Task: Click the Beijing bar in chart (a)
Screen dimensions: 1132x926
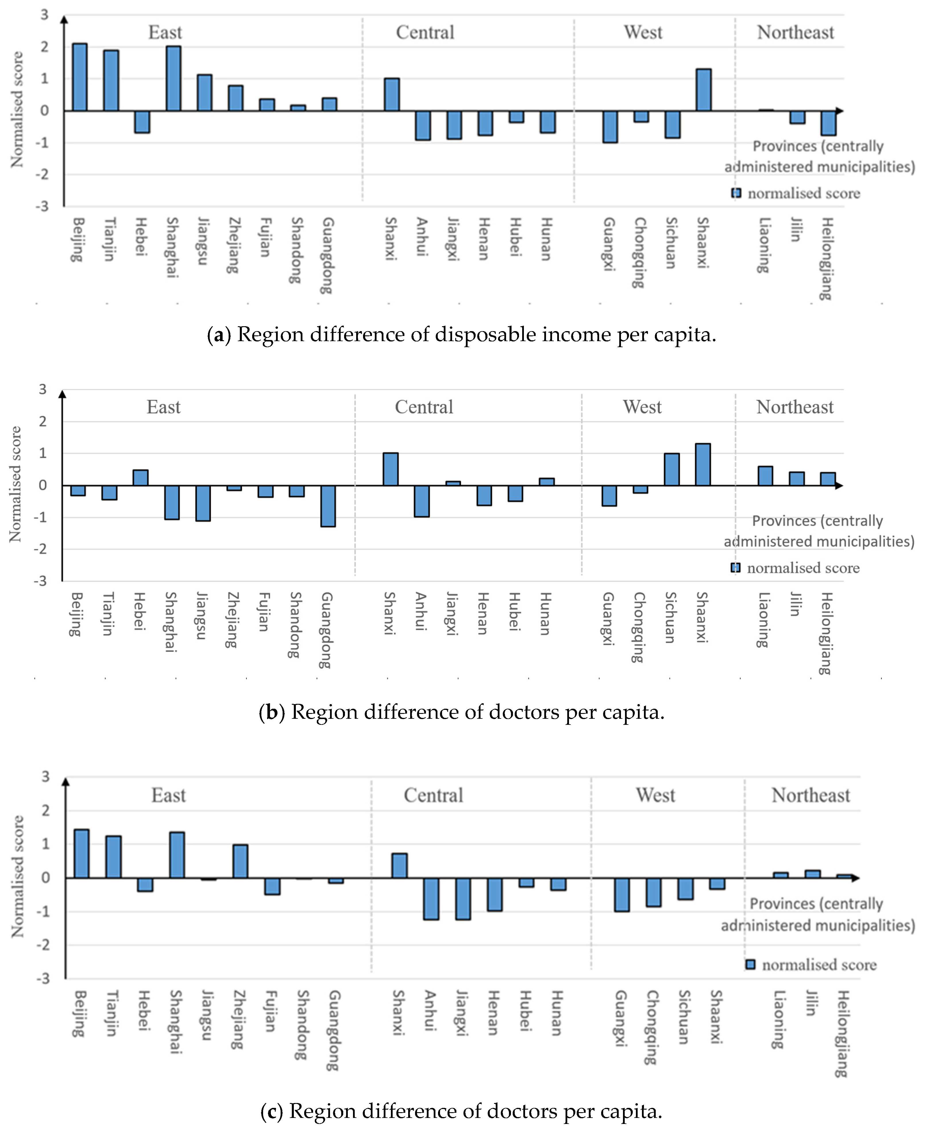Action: click(x=80, y=77)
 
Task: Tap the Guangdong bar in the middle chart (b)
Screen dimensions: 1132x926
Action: click(x=328, y=505)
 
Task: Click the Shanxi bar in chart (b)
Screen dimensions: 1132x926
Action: click(x=390, y=469)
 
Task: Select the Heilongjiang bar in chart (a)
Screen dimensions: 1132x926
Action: click(x=828, y=123)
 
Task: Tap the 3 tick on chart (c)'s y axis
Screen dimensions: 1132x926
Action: click(x=46, y=777)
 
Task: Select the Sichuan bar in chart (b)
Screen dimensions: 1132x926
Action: click(x=672, y=469)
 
